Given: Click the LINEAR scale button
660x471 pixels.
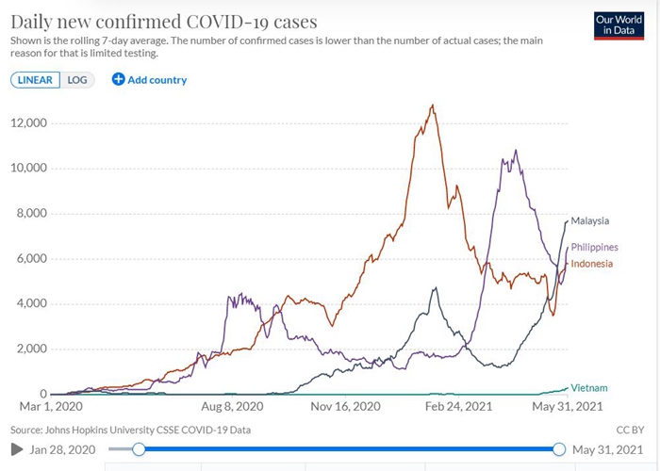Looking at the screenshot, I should pos(36,80).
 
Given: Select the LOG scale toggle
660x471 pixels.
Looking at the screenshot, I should pos(77,80).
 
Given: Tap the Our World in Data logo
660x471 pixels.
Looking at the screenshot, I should pos(619,26).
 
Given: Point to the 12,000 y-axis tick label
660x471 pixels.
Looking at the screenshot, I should pos(29,123).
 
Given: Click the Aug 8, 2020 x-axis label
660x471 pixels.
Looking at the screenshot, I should pos(232,407).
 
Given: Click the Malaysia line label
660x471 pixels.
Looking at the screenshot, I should pos(590,220).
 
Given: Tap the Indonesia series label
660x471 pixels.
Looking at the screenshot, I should pos(593,263).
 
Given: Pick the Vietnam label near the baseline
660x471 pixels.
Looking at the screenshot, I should pos(589,387).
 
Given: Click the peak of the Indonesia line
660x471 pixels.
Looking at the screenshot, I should pos(432,106).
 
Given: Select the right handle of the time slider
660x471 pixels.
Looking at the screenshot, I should pos(559,449).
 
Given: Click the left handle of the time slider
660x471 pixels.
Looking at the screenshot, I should pos(139,449).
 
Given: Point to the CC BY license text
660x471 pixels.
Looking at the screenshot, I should pos(629,430).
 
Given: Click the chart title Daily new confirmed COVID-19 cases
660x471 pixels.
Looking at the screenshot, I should pos(164,21).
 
